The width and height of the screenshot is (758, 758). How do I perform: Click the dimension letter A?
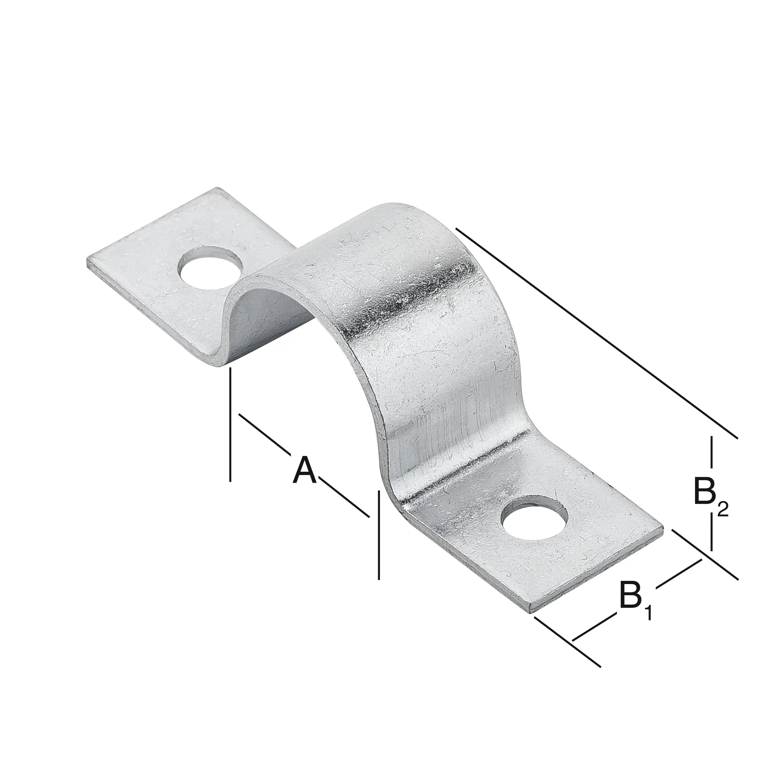pos(305,470)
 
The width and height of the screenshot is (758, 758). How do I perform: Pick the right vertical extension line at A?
pos(379,534)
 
